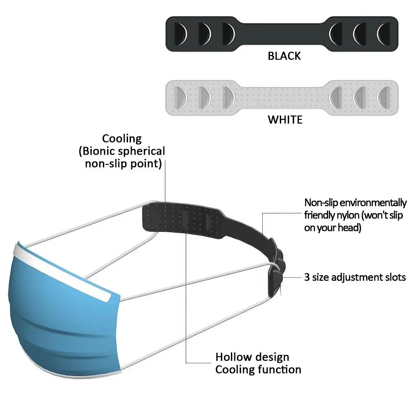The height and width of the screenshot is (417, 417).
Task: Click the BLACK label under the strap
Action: (x=284, y=56)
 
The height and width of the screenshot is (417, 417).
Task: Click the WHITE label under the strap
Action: (x=285, y=120)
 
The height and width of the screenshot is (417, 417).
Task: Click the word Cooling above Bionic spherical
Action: (x=122, y=138)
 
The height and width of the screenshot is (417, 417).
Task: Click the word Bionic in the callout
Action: (x=99, y=151)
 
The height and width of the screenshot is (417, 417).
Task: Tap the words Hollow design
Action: (x=252, y=357)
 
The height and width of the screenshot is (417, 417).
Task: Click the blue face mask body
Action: (x=63, y=317)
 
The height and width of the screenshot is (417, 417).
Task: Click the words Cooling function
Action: (x=258, y=369)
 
